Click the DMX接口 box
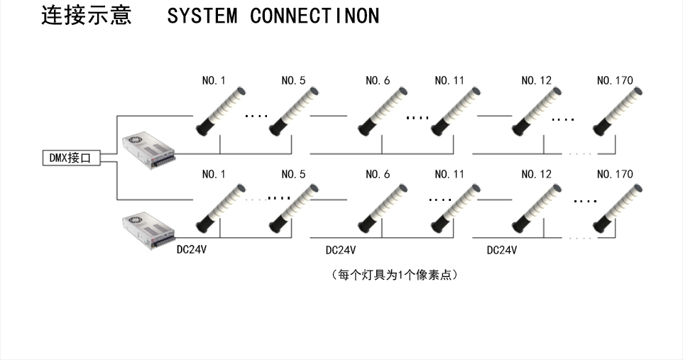click(70, 159)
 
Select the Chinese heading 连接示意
click(87, 16)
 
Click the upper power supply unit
click(148, 151)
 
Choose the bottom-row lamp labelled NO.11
click(455, 207)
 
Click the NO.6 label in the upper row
click(377, 81)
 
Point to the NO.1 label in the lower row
click(214, 174)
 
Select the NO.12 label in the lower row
click(536, 174)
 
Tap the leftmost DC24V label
click(192, 250)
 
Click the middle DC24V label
click(340, 250)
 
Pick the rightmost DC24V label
click(501, 250)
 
